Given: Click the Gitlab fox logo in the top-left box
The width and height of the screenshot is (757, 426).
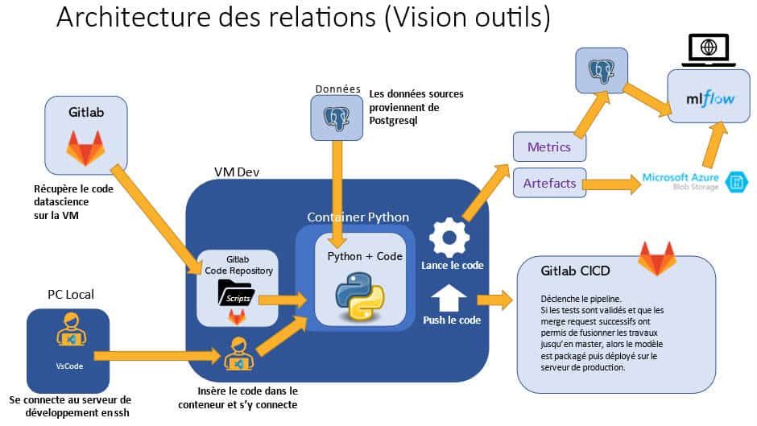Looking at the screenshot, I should [x=85, y=147].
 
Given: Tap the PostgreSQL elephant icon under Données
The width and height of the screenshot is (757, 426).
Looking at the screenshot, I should [x=336, y=116].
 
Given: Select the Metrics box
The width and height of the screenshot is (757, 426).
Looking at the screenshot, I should [x=548, y=147].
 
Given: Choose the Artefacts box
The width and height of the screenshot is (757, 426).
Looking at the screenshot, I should [x=549, y=184].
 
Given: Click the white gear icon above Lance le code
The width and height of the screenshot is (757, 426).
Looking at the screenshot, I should [x=444, y=237].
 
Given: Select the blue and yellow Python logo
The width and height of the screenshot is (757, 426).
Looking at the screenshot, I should [x=360, y=296].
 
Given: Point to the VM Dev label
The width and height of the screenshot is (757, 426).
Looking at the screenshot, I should [x=237, y=172].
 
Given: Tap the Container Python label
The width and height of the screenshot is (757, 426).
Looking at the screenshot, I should [x=358, y=217].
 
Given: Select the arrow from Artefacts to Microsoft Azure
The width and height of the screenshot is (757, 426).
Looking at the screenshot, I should [x=612, y=184].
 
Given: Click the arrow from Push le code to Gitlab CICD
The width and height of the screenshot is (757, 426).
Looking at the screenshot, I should [x=494, y=300].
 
